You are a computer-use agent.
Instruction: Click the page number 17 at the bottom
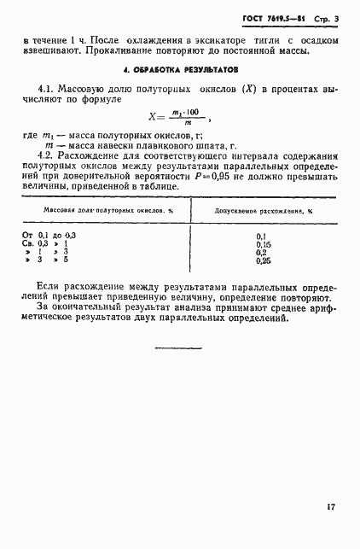click(x=330, y=508)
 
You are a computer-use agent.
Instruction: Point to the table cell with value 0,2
click(x=261, y=276)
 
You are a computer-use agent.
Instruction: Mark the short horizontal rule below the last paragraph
click(x=179, y=348)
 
